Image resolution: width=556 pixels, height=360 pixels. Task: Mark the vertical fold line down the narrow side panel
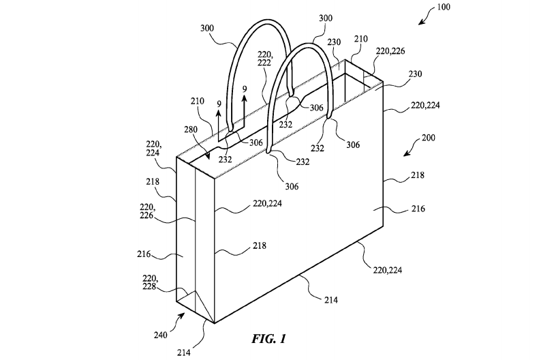[x=196, y=232]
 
